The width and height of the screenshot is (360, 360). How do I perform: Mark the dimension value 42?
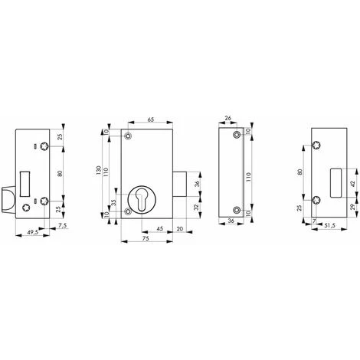(351, 183)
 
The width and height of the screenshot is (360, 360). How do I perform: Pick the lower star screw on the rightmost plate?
(316, 201)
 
